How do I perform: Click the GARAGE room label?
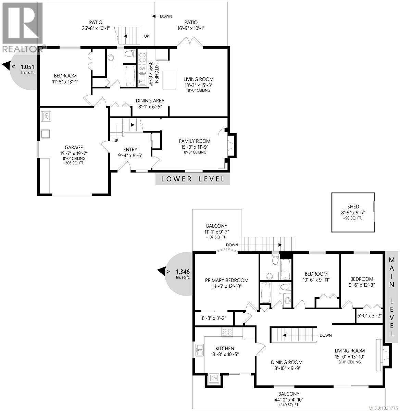[74, 148]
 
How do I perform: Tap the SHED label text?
[353, 207]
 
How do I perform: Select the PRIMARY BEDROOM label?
[226, 280]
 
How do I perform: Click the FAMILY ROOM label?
[195, 141]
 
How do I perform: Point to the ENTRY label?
[130, 149]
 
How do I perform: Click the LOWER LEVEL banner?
[193, 179]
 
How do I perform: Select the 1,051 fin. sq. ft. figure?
[27, 67]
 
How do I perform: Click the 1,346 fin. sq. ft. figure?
[183, 272]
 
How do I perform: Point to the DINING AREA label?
[150, 101]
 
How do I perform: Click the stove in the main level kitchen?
[227, 332]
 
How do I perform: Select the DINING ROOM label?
[287, 362]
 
